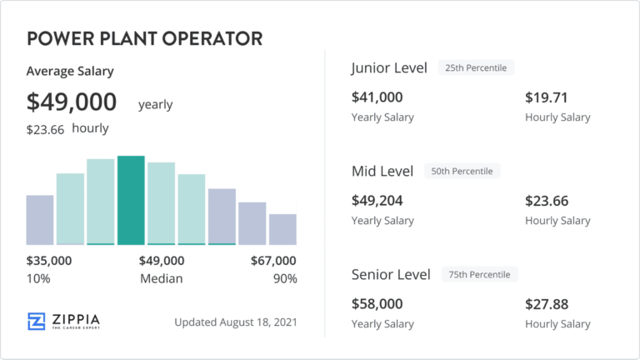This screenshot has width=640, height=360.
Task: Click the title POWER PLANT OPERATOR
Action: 145,38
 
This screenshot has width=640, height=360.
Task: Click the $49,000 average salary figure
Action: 72,102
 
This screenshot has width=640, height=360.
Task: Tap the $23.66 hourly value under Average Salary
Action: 46,128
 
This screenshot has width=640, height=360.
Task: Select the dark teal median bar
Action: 131,200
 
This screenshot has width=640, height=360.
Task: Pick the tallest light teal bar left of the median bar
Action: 101,202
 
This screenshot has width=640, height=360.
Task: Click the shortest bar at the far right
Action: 282,229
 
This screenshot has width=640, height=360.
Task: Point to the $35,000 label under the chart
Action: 49,261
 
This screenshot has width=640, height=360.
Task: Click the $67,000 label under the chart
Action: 273,261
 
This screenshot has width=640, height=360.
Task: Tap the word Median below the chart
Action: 161,278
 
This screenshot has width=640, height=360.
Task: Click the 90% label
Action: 285,278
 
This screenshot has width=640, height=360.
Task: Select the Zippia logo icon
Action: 36,322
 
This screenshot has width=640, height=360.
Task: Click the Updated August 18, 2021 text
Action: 236,322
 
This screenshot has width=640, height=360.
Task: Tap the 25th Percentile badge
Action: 477,67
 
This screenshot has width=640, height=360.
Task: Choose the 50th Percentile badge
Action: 462,171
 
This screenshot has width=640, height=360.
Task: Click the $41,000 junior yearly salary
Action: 377,97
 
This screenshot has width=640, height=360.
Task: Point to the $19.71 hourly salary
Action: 547,97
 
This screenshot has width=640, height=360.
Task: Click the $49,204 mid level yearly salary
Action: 377,201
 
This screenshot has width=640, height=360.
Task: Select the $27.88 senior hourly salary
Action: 547,304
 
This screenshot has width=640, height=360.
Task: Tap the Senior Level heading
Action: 391,274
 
